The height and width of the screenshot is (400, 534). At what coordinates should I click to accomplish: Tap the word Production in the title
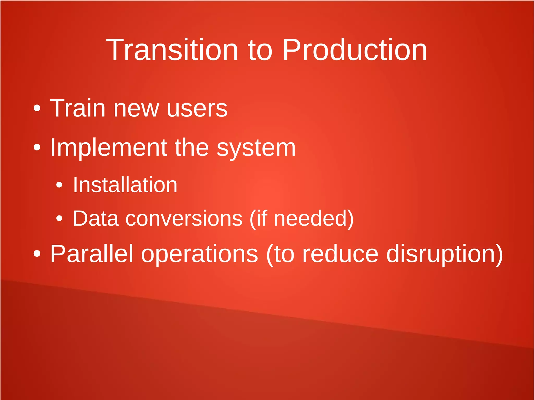click(355, 50)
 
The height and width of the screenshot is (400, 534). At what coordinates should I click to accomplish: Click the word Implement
click(108, 148)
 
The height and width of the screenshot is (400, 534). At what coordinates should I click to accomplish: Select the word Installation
click(125, 185)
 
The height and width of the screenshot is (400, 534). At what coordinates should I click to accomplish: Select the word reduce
click(340, 254)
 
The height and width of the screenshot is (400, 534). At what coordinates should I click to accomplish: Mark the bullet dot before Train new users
click(37, 108)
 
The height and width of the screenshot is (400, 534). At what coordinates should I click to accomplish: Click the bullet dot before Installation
click(59, 185)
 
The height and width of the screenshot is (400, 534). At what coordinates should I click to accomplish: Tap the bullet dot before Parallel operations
click(37, 253)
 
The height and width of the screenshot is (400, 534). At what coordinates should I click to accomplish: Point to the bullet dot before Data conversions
click(59, 218)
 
